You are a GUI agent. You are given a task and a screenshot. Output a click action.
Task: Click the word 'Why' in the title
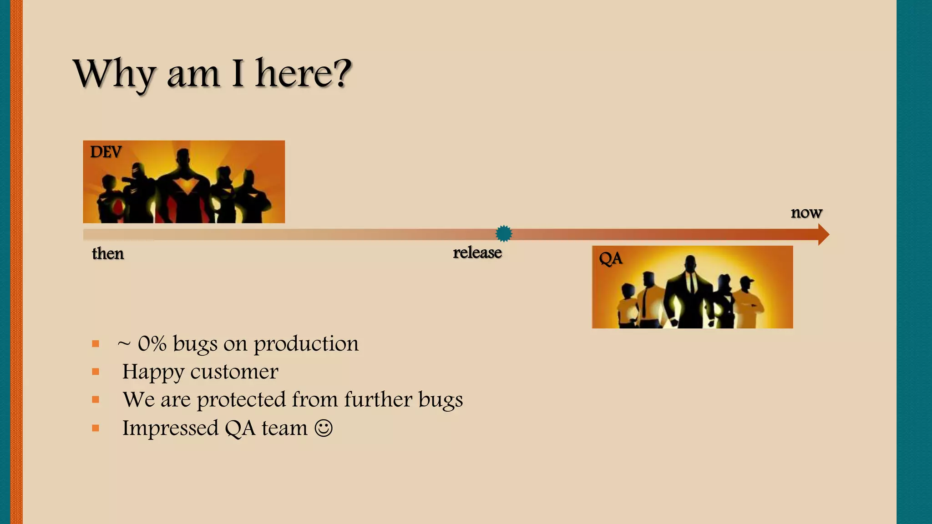114,74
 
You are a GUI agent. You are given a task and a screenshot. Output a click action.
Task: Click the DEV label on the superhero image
106,152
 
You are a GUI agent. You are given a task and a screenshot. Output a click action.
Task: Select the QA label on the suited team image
610,259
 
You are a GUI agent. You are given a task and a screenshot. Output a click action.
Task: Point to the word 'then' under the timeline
108,253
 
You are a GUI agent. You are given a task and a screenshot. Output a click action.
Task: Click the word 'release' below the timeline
477,252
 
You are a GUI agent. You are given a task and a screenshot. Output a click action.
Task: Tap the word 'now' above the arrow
806,212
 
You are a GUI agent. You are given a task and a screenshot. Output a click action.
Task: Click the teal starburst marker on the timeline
504,234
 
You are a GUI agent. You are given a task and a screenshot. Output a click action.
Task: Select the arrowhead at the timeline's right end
823,235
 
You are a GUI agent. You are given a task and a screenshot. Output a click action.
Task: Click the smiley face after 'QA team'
324,428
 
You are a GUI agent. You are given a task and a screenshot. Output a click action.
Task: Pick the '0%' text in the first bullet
152,344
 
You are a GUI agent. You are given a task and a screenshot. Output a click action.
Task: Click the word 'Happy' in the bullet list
152,372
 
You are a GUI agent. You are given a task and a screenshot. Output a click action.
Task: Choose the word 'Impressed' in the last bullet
170,428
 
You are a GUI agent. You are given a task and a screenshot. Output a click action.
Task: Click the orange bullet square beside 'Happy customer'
96,372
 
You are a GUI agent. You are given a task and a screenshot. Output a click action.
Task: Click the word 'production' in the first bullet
306,344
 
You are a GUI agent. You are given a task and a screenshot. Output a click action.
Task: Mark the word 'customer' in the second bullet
234,372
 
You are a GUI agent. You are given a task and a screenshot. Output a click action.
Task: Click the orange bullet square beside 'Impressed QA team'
96,428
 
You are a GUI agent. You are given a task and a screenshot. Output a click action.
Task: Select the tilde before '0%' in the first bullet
124,344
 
